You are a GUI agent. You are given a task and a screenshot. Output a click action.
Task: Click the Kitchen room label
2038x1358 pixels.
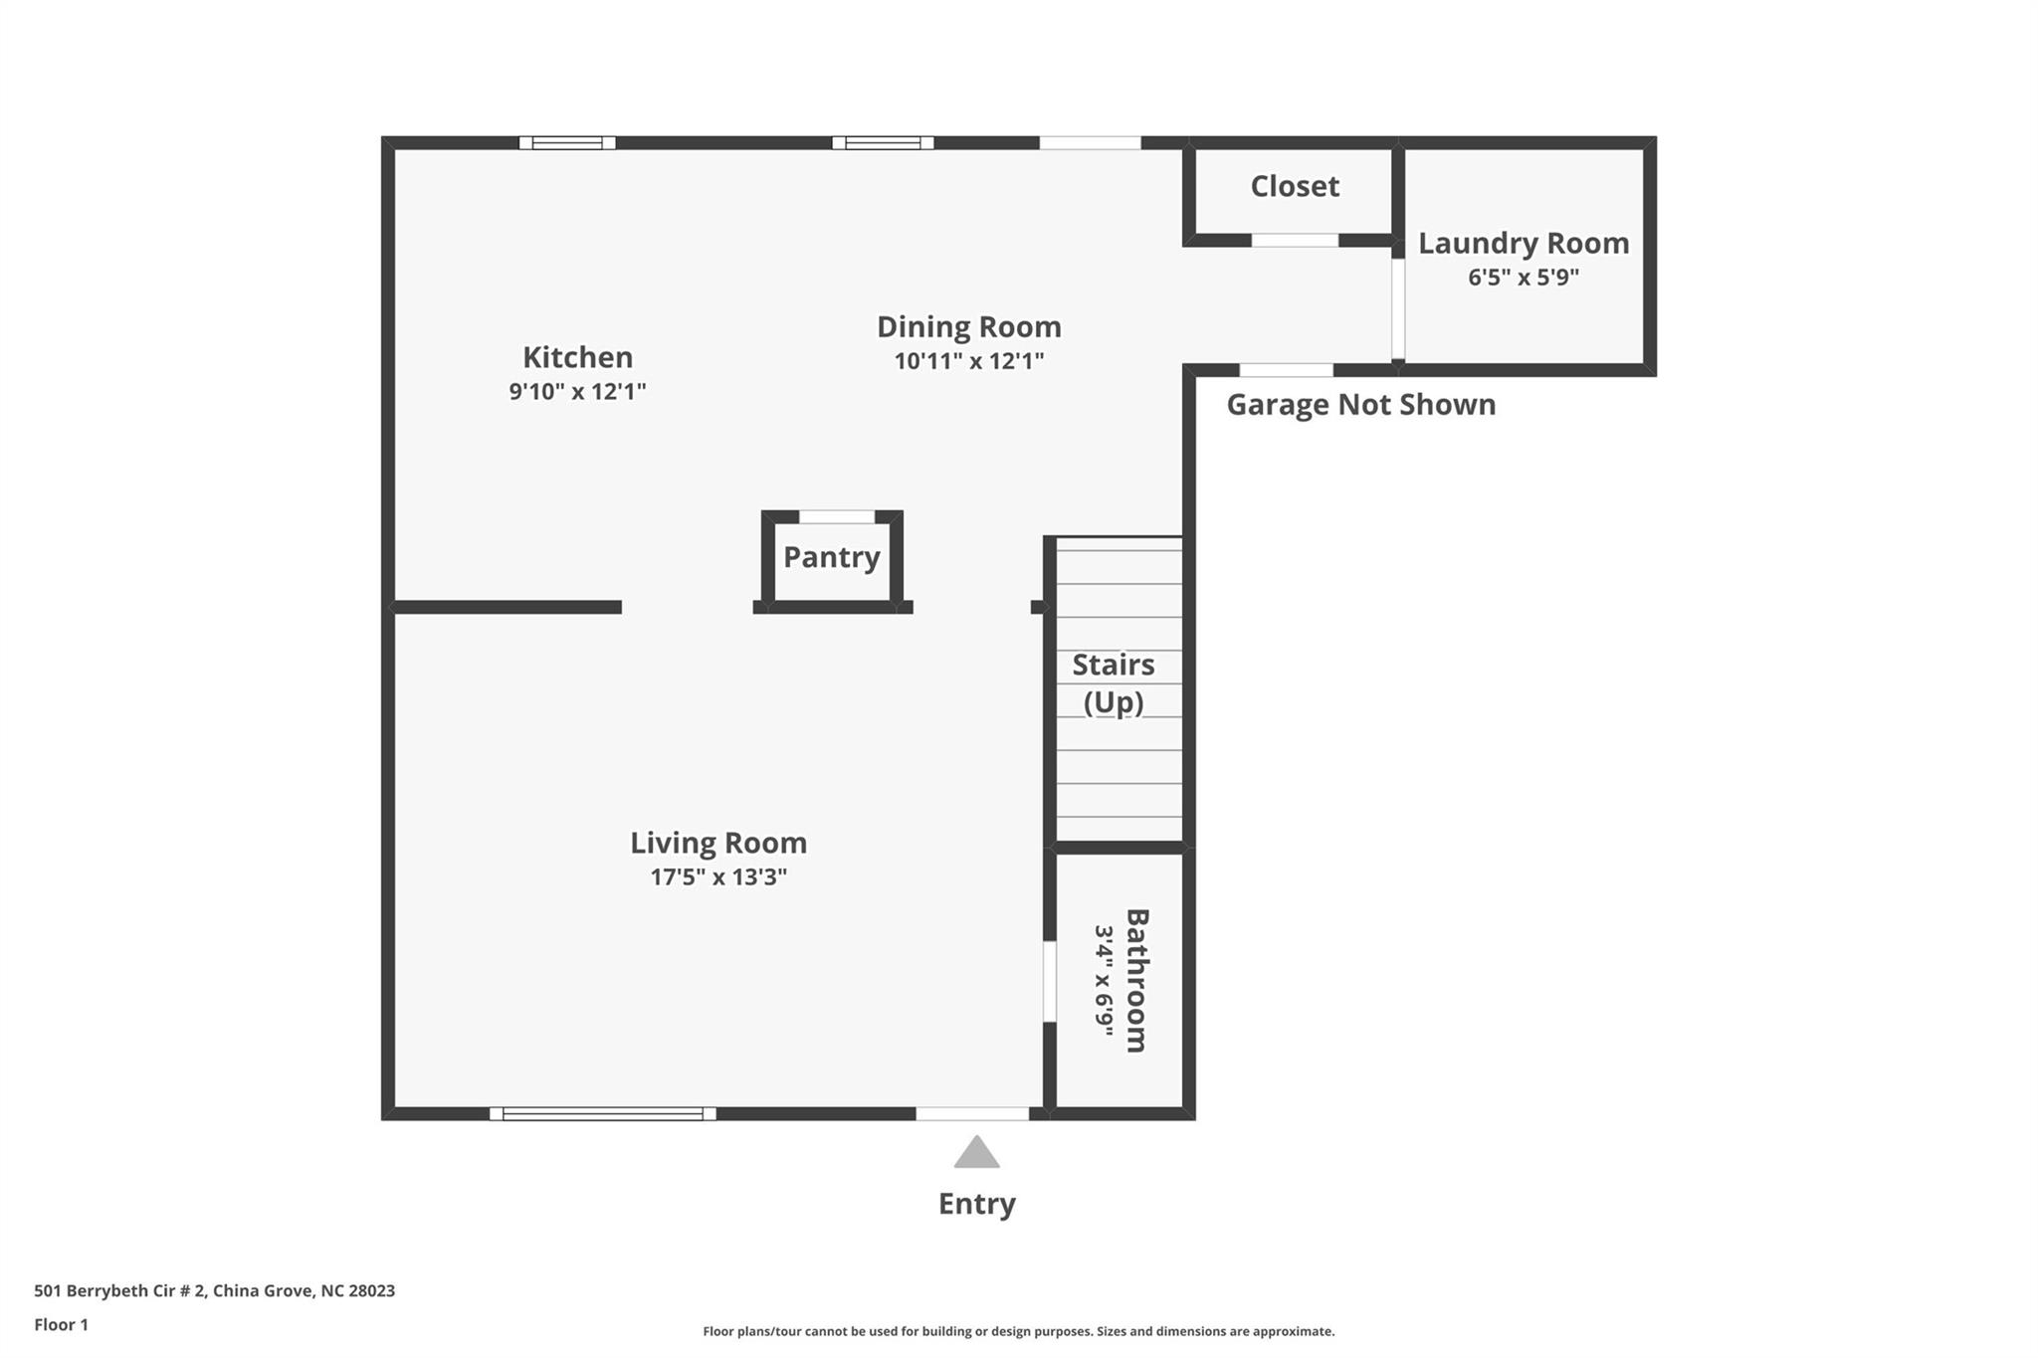[577, 357]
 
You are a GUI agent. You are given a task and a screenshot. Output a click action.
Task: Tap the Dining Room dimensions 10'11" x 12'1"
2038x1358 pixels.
[968, 361]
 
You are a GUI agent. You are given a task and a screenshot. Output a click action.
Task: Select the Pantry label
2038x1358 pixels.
[832, 558]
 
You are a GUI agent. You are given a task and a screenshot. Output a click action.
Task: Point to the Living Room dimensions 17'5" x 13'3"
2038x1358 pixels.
[718, 876]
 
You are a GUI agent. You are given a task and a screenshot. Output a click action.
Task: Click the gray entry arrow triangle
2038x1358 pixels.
[976, 1154]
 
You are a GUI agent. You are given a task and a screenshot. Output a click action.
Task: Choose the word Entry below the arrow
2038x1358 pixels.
[976, 1205]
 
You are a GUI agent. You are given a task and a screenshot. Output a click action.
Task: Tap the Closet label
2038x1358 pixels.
[1295, 186]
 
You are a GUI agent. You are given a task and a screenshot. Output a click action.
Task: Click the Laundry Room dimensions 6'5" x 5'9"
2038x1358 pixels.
[1524, 277]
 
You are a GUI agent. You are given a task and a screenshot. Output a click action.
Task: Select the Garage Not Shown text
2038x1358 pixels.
[1360, 405]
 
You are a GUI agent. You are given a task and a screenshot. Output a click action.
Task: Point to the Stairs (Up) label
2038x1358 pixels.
[1114, 683]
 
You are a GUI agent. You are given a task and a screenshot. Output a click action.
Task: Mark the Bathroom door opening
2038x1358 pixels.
[1049, 981]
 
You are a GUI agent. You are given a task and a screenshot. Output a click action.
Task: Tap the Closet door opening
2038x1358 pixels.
[1295, 240]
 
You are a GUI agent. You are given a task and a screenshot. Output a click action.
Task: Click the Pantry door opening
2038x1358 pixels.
[837, 516]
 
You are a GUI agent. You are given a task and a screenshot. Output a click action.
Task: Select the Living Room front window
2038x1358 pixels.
[602, 1113]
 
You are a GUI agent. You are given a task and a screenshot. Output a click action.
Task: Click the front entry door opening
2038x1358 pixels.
[972, 1113]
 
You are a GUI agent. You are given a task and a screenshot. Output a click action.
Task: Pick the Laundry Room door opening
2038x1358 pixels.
[1398, 308]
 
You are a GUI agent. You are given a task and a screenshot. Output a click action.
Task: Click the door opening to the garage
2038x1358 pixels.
[1286, 370]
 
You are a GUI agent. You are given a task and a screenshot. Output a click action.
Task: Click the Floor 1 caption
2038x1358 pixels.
[61, 1325]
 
